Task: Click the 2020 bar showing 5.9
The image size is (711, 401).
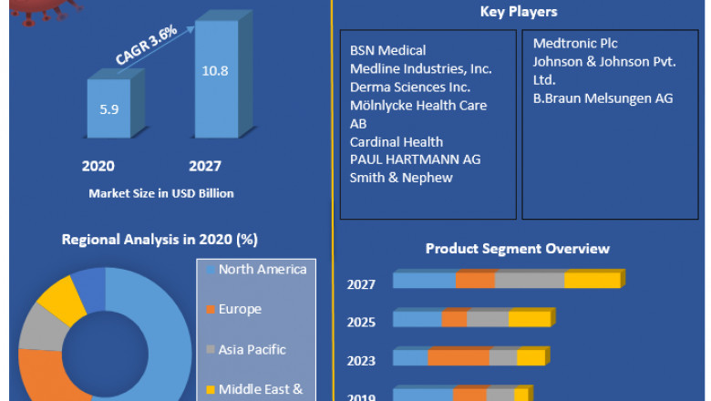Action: (x=108, y=108)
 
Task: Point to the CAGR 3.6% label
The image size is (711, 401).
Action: (x=147, y=46)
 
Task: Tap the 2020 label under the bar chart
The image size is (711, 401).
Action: (x=98, y=167)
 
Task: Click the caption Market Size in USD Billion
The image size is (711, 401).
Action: (x=161, y=193)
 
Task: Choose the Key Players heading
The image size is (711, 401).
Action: (x=519, y=12)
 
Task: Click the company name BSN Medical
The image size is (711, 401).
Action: (x=388, y=50)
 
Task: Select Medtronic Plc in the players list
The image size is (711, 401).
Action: (x=576, y=43)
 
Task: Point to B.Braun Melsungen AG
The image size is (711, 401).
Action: (x=603, y=98)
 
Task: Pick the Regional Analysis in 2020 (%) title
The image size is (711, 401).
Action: (x=160, y=240)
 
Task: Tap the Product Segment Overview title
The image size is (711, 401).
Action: (x=518, y=249)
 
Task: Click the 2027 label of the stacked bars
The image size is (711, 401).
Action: (x=361, y=284)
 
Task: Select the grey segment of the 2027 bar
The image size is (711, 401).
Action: (x=530, y=281)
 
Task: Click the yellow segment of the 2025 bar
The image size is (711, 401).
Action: (x=530, y=319)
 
